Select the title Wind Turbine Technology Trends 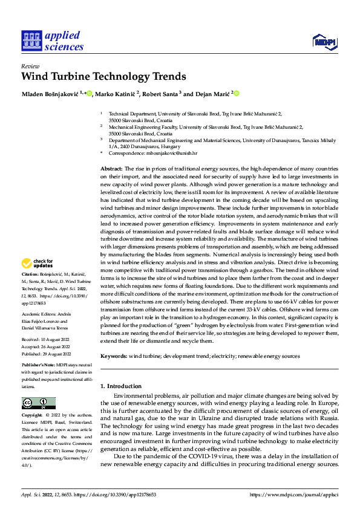(103, 77)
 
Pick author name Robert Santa (162, 94)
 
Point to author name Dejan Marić (212, 94)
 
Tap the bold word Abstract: (111, 169)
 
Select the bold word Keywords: (114, 357)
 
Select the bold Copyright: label (32, 416)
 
